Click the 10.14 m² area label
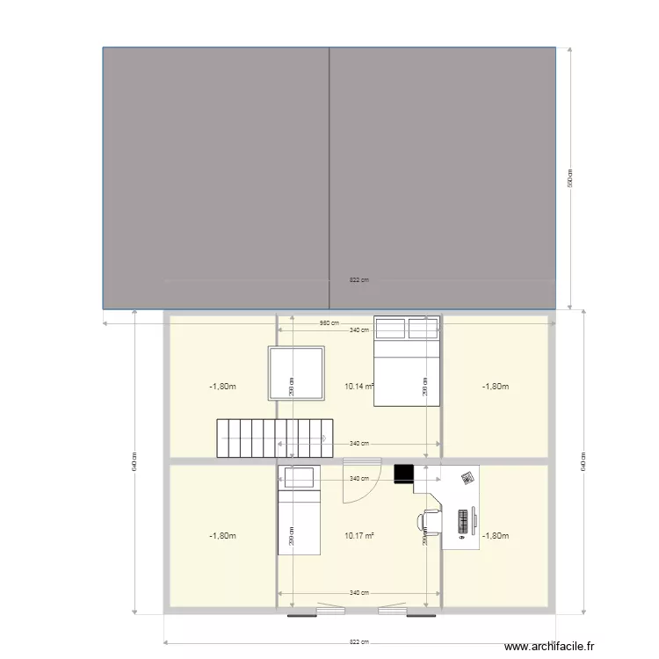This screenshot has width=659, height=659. click(359, 386)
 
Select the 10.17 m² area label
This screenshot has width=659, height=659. click(359, 535)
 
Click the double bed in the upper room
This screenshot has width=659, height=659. click(407, 361)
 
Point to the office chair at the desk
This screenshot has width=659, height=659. click(430, 520)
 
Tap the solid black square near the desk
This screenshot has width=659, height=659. click(403, 474)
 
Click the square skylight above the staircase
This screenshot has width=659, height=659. click(297, 373)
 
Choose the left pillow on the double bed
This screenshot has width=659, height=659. click(390, 328)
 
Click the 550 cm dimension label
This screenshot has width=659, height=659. click(569, 178)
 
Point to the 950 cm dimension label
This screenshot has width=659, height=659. click(329, 322)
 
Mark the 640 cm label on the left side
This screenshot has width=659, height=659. click(134, 462)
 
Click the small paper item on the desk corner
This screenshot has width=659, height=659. click(467, 477)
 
